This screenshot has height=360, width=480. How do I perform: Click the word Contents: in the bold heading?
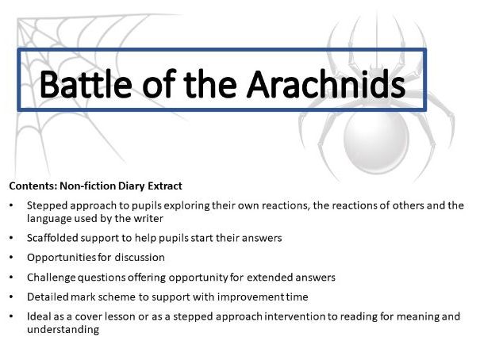point(33,186)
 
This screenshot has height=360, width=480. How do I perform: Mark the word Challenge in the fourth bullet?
point(52,277)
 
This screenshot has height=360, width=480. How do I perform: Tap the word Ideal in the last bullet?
point(40,317)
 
